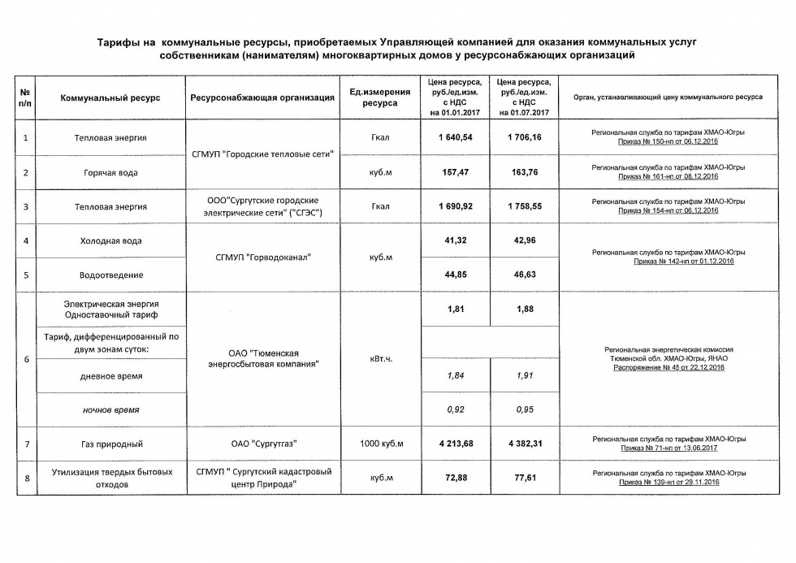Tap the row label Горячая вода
[110, 172]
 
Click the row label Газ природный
[110, 444]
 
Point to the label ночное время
[110, 409]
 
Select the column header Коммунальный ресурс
[110, 97]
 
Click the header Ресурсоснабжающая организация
[262, 97]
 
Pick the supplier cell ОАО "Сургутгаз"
[262, 444]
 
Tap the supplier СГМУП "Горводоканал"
[262, 258]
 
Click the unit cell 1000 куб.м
[381, 444]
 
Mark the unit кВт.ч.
[381, 358]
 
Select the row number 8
[26, 478]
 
